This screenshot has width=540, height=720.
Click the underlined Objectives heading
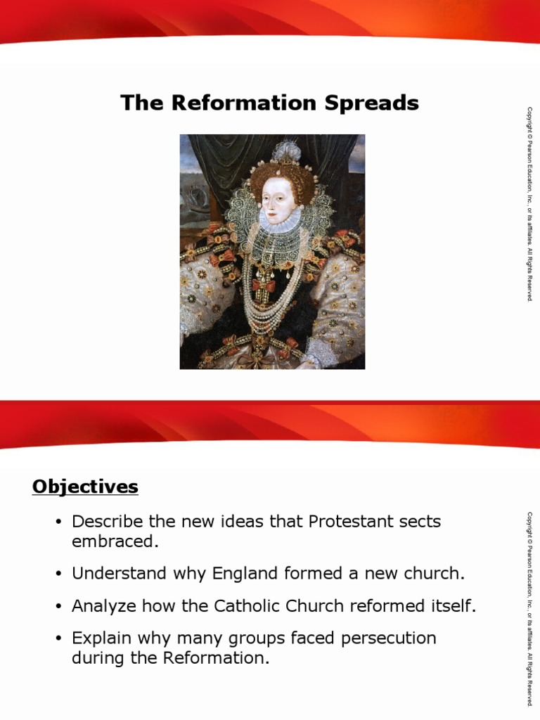point(85,487)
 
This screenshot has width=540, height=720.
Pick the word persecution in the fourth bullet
point(390,638)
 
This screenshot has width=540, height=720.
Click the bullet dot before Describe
point(59,522)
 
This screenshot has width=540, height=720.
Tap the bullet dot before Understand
point(59,574)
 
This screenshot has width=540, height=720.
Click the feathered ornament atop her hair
point(287,152)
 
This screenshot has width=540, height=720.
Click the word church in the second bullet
point(436,574)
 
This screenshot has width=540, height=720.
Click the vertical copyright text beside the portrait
point(529,204)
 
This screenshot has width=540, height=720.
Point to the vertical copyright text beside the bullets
point(529,608)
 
